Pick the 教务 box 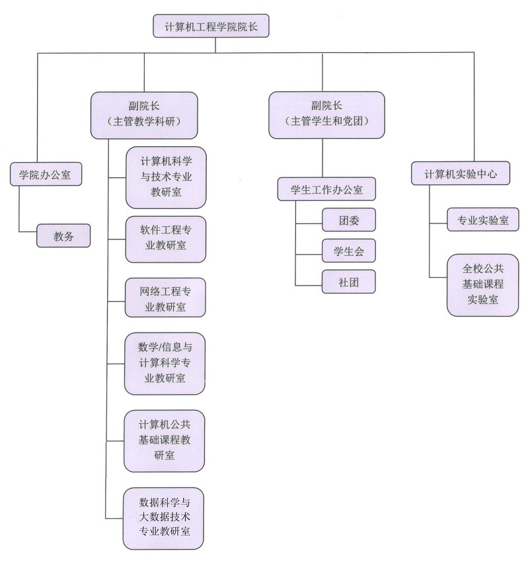[63, 234]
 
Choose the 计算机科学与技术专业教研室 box [165, 177]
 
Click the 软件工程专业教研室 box [165, 238]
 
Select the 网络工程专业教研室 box [165, 299]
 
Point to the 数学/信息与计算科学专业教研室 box [165, 364]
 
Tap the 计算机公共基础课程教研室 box [165, 439]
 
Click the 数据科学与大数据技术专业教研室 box [165, 518]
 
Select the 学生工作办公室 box [326, 190]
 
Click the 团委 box [349, 220]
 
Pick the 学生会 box [349, 251]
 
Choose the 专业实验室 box [478, 220]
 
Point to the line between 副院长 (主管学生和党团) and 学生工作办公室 [322, 159]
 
